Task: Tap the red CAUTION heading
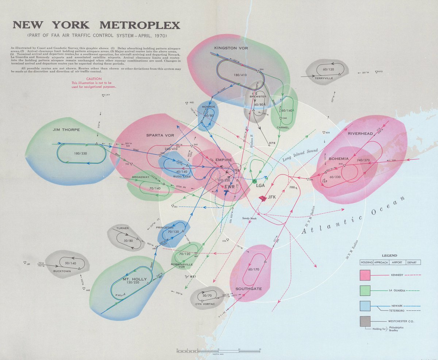click(94, 79)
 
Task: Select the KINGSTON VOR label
click(228, 48)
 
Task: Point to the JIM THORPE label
click(66, 130)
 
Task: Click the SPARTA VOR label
click(160, 135)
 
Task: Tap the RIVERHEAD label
click(360, 133)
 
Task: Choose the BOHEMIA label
click(339, 159)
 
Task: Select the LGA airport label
click(260, 186)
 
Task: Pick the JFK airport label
click(272, 197)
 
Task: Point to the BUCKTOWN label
click(61, 271)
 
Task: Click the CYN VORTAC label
click(205, 303)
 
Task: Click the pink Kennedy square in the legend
click(365, 275)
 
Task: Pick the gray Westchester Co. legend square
click(365, 321)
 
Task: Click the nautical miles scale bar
click(218, 351)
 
